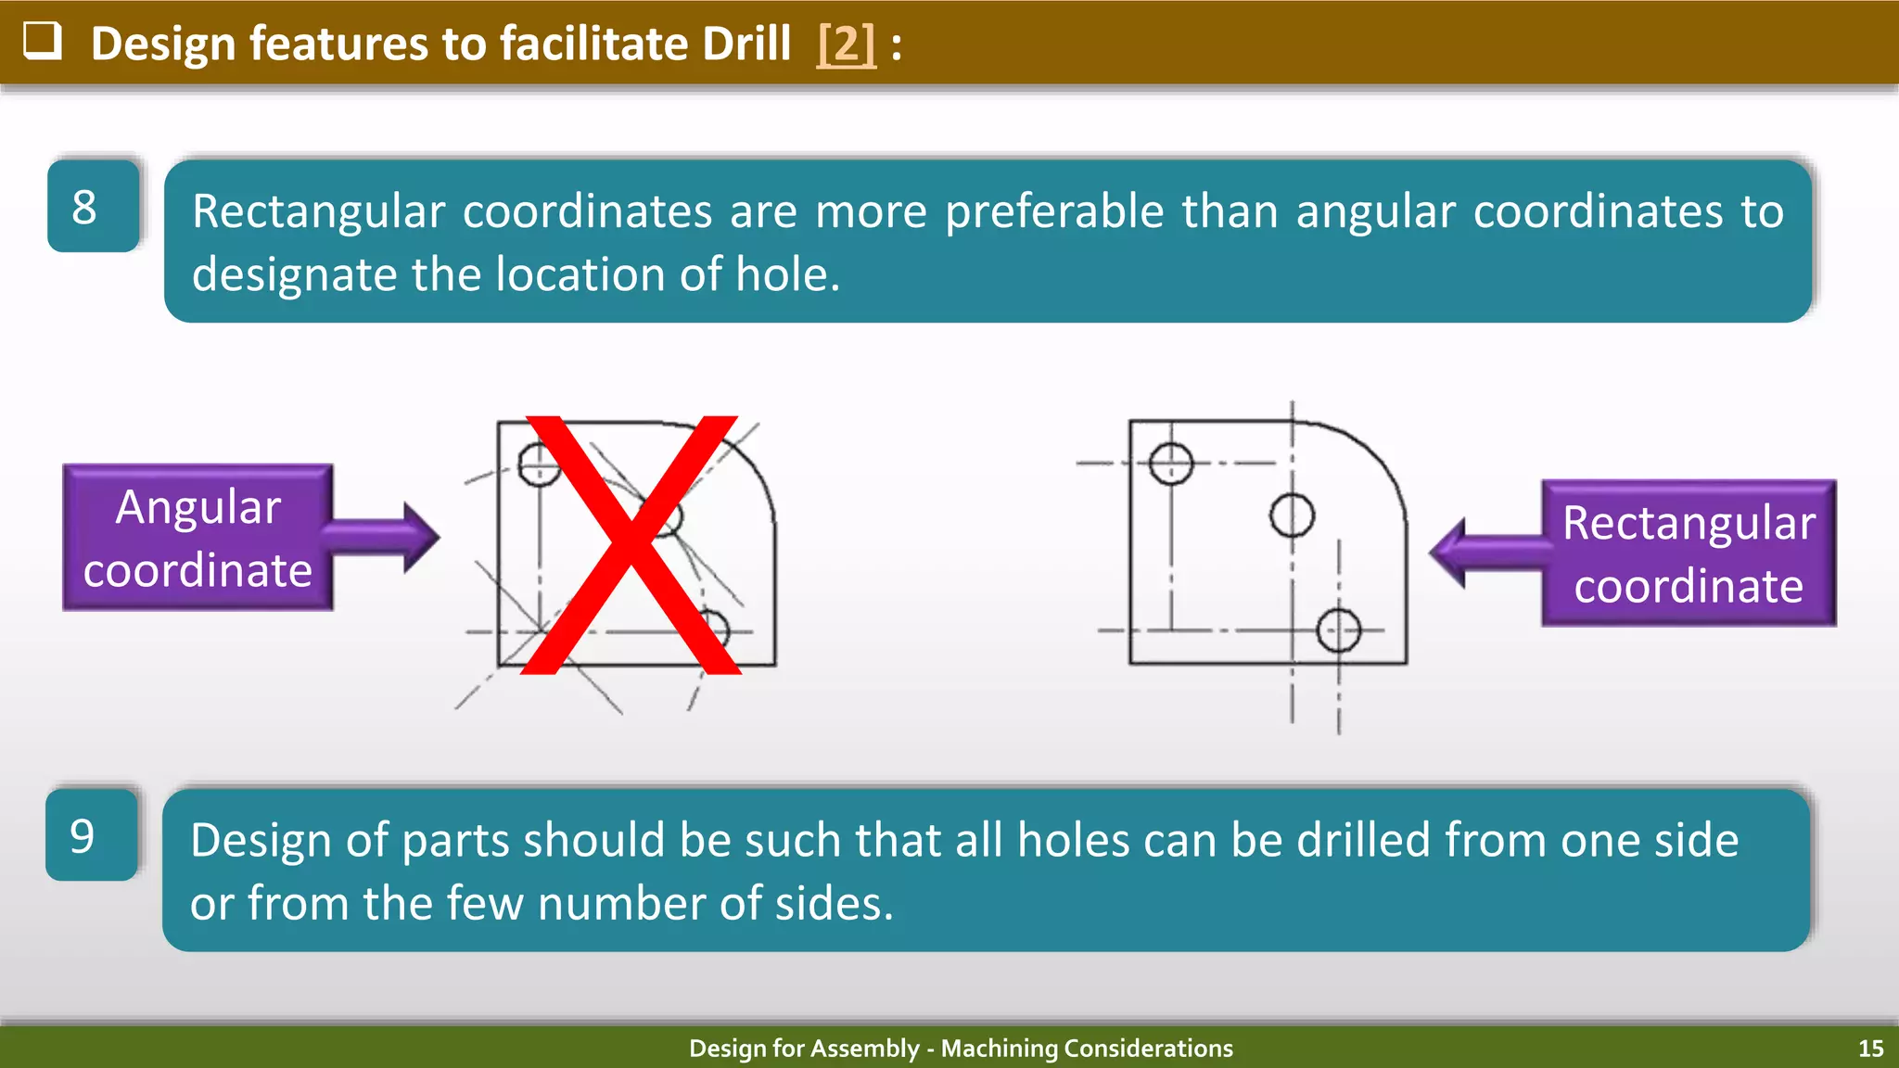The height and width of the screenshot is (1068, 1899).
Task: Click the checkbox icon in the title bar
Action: coord(42,42)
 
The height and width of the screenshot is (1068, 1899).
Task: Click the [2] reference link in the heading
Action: coord(846,44)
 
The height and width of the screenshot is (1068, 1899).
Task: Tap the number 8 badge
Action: coord(93,206)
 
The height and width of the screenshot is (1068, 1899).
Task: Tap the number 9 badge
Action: coord(91,835)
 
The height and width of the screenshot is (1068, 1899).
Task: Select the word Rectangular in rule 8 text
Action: coord(318,211)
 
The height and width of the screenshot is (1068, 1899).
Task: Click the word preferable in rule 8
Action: coord(1053,211)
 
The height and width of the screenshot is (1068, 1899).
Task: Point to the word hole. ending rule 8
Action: coord(787,274)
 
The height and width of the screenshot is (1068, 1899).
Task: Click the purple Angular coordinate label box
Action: coord(198,538)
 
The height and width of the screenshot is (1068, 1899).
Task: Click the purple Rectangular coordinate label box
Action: coord(1688,553)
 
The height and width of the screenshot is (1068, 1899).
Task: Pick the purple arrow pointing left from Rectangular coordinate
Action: coord(1484,553)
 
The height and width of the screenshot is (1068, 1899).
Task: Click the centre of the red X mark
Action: coord(631,545)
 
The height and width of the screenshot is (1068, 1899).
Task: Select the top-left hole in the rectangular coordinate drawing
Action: coord(1170,463)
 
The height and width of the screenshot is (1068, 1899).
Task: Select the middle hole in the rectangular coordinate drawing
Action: coord(1292,515)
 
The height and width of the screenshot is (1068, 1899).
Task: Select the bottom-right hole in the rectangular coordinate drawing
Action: coord(1338,630)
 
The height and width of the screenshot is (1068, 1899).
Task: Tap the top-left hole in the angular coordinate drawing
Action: coord(539,464)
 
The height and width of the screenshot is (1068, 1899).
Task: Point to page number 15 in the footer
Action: coord(1870,1049)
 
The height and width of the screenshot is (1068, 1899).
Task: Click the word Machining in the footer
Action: coord(999,1049)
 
